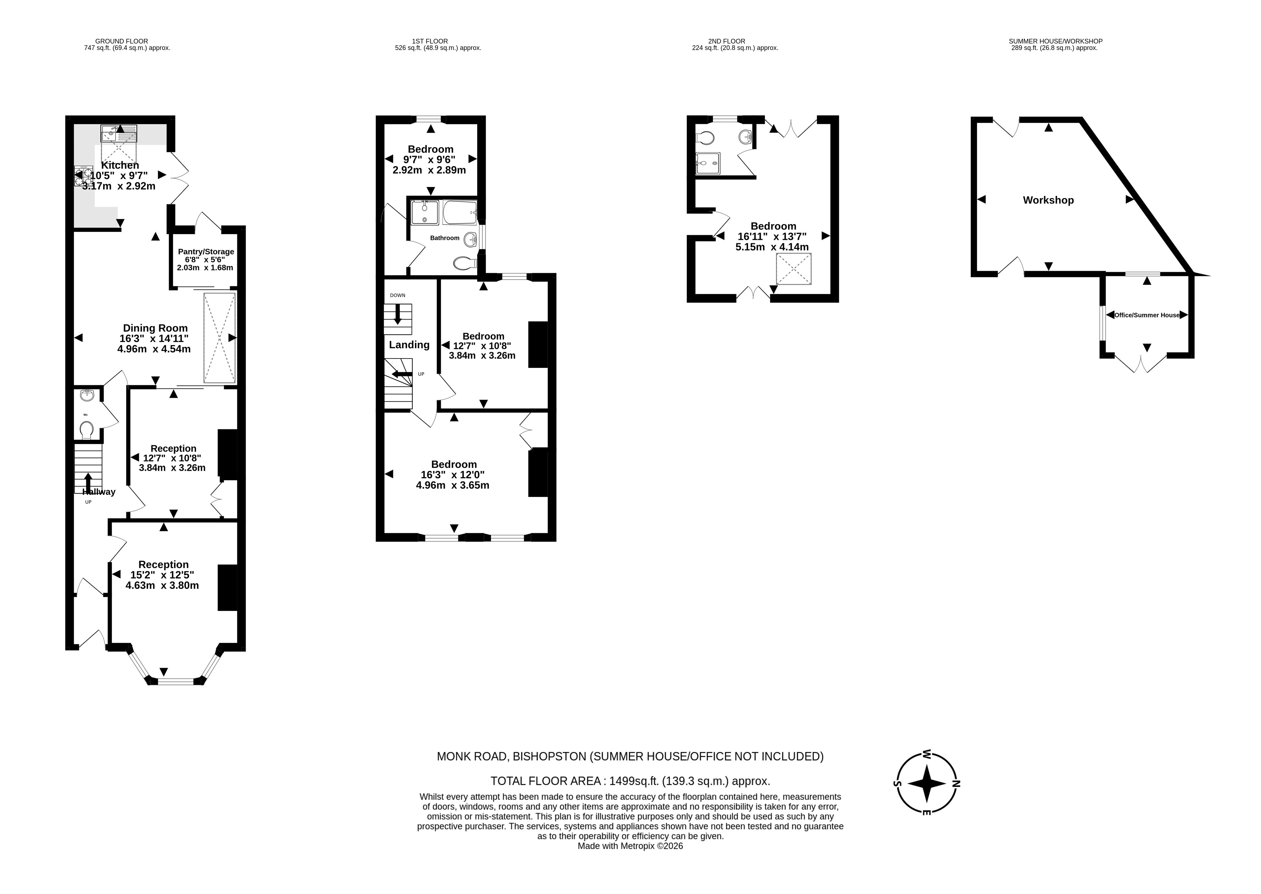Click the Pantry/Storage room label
pos(206,252)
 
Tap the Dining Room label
pos(155,328)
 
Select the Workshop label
pos(1048,200)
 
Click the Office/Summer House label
pos(1147,315)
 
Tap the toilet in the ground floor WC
pos(86,429)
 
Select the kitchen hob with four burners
pos(83,176)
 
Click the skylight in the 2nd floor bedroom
pos(793,269)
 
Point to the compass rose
pos(927,783)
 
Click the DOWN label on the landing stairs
pos(397,296)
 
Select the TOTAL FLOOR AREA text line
pos(630,781)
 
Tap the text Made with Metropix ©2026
pos(630,846)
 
